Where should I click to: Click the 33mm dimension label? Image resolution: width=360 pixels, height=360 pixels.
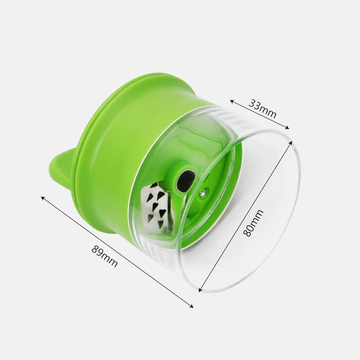tap(262, 108)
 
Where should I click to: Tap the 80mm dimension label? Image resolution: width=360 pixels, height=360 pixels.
tap(253, 223)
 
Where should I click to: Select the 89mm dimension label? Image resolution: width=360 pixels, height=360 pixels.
tap(105, 256)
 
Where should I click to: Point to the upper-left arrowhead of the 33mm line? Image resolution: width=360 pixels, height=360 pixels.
tap(232, 101)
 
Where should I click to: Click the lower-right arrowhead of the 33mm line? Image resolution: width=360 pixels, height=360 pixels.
tap(287, 128)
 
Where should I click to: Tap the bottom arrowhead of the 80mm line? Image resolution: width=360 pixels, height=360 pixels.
tap(200, 290)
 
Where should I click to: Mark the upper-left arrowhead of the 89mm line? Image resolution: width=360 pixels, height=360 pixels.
tap(43, 198)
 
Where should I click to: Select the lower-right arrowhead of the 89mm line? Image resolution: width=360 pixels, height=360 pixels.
tap(191, 306)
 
